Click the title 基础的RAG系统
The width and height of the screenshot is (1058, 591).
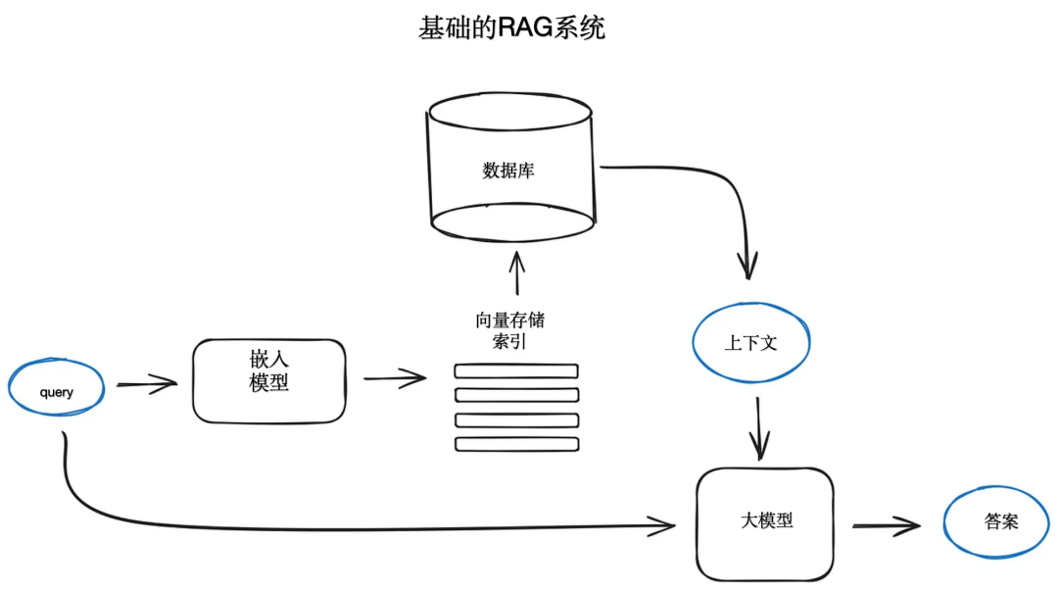[x=511, y=28]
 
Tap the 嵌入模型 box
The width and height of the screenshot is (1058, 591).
[x=269, y=380]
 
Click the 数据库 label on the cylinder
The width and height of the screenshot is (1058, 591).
[x=508, y=171]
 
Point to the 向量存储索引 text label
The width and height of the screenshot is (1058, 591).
[x=509, y=330]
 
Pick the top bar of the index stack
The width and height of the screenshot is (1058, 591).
[x=516, y=371]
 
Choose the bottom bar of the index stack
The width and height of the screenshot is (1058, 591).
[x=516, y=444]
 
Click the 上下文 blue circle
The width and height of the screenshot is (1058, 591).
[x=752, y=343]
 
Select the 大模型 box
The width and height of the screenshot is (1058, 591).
[x=765, y=522]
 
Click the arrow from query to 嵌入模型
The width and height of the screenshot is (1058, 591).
[x=147, y=384]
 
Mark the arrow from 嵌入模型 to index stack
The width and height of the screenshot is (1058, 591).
[x=395, y=378]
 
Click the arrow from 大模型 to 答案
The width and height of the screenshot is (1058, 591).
[x=886, y=526]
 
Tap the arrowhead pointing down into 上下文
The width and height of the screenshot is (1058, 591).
[x=748, y=265]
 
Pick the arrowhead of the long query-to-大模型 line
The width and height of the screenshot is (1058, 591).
[x=666, y=526]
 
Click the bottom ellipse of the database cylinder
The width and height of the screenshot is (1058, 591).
[x=512, y=223]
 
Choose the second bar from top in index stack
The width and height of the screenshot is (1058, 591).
[x=516, y=395]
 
